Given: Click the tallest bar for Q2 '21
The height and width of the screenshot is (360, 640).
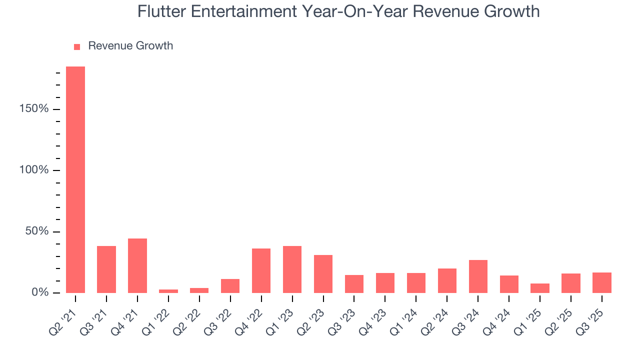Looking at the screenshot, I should [x=75, y=179].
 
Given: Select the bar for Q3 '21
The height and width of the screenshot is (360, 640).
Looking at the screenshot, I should [x=106, y=269].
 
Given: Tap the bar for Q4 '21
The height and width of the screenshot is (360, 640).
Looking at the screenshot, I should [x=137, y=265].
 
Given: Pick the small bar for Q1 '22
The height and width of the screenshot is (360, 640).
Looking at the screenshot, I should [x=168, y=291].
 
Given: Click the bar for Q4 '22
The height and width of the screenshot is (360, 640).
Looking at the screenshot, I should [x=261, y=270].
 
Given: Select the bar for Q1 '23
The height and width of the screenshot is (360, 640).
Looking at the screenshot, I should [x=292, y=269].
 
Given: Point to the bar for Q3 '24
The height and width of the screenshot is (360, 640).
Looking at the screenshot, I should [x=478, y=276].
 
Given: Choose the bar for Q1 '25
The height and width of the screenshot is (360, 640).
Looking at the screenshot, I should [x=540, y=288].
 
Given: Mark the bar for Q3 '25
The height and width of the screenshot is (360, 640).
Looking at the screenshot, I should [x=602, y=282].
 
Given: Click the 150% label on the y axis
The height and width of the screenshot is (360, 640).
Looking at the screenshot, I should [x=34, y=109].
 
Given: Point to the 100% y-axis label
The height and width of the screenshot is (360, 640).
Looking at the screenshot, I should [x=34, y=170].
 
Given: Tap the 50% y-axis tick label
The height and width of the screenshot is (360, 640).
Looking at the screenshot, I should [x=37, y=231].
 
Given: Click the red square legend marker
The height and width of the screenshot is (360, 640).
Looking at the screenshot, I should [x=77, y=46].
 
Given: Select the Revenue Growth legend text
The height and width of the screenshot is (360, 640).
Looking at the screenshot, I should [x=130, y=46].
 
